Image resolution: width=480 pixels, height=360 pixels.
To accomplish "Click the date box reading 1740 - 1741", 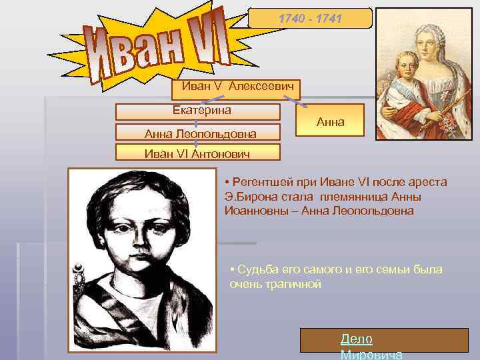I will tap(310, 19).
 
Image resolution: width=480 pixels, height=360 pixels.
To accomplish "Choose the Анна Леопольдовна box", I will tap(197, 133).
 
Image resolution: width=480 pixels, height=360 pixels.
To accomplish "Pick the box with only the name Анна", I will tap(330, 121).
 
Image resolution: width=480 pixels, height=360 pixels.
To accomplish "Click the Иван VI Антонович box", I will tap(197, 154).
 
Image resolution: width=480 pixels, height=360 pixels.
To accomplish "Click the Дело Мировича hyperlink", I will tap(357, 340).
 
